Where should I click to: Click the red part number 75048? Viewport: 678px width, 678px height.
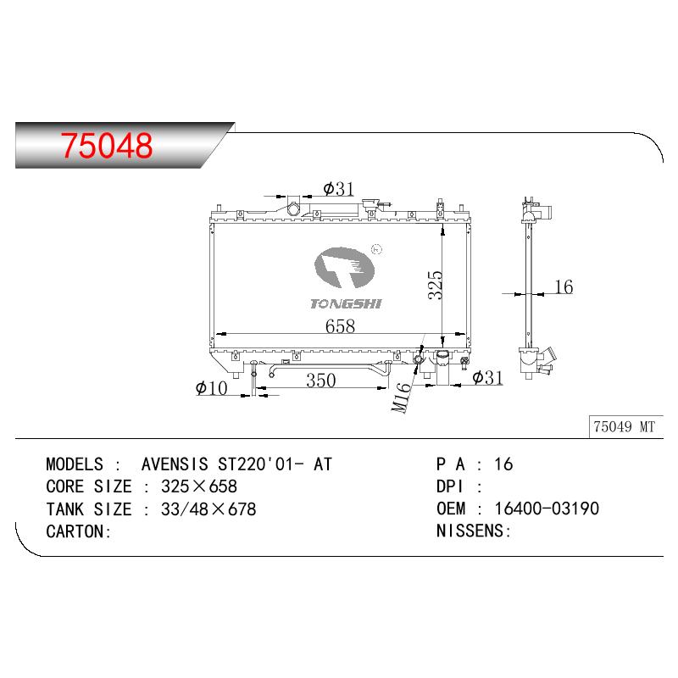coord(107,145)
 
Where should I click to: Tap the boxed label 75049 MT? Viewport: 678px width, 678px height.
coord(624,427)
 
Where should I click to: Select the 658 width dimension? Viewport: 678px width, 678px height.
coord(341,325)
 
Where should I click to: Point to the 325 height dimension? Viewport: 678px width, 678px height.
coord(435,285)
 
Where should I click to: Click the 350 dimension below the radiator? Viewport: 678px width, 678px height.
coord(321,381)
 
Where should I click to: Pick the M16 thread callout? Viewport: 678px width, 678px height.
coord(401,397)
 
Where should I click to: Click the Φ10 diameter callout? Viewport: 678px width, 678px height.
coord(211,388)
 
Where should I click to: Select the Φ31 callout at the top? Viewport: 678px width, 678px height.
coord(338,189)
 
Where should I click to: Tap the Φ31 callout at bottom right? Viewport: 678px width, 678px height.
coord(488,377)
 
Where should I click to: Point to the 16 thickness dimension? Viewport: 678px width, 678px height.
coord(564,286)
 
